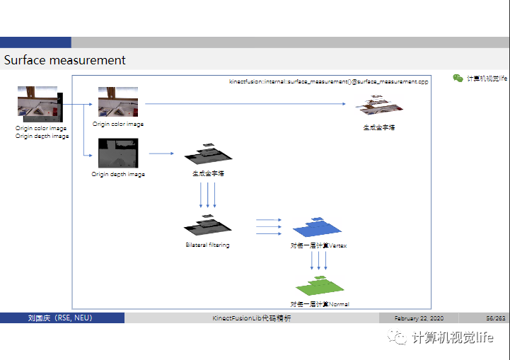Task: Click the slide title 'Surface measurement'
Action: pos(65,60)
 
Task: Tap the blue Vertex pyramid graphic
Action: pos(316,228)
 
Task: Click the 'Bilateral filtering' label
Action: pos(207,245)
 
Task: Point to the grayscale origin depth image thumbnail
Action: pos(118,153)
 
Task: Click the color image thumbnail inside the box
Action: pos(118,102)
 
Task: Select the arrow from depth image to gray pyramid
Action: pos(161,153)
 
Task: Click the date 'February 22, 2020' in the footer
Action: pos(418,318)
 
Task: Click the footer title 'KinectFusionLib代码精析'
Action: pos(252,318)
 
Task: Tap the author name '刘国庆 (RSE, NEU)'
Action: pos(60,318)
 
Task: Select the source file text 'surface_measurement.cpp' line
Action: pos(328,81)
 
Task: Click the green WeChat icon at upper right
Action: pos(458,79)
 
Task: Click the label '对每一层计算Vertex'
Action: pos(318,245)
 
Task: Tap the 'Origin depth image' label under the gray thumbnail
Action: pos(118,174)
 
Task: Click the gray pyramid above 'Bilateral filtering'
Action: pos(207,226)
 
